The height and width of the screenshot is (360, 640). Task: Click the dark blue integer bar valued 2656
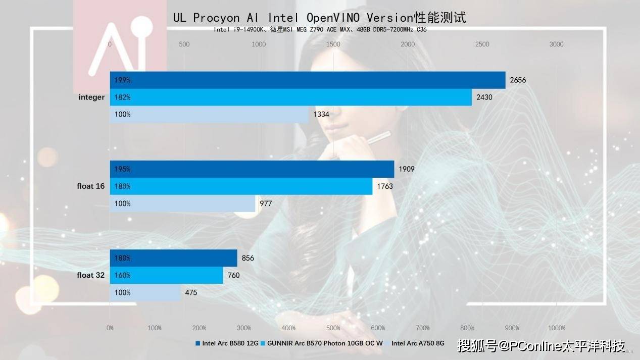308,80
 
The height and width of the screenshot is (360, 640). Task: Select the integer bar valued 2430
290,97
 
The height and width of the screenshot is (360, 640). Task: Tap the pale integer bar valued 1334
209,115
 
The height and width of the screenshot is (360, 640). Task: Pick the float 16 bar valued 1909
252,169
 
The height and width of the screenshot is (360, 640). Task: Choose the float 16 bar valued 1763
241,186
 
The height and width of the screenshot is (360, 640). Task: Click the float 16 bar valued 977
182,203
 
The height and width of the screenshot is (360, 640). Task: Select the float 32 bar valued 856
173,258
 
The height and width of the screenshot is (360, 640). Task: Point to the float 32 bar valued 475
145,292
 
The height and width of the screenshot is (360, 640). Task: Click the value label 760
233,275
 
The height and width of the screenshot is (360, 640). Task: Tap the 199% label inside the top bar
122,80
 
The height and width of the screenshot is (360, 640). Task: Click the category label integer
91,97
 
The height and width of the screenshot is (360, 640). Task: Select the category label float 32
91,275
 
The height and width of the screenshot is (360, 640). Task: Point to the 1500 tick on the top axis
333,44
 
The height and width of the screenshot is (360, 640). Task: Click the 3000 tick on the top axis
556,44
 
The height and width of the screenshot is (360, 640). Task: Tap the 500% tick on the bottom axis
333,328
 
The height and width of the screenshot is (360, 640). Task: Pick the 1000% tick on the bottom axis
556,328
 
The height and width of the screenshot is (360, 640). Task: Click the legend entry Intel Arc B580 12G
227,343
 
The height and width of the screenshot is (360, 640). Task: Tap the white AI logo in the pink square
117,47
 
